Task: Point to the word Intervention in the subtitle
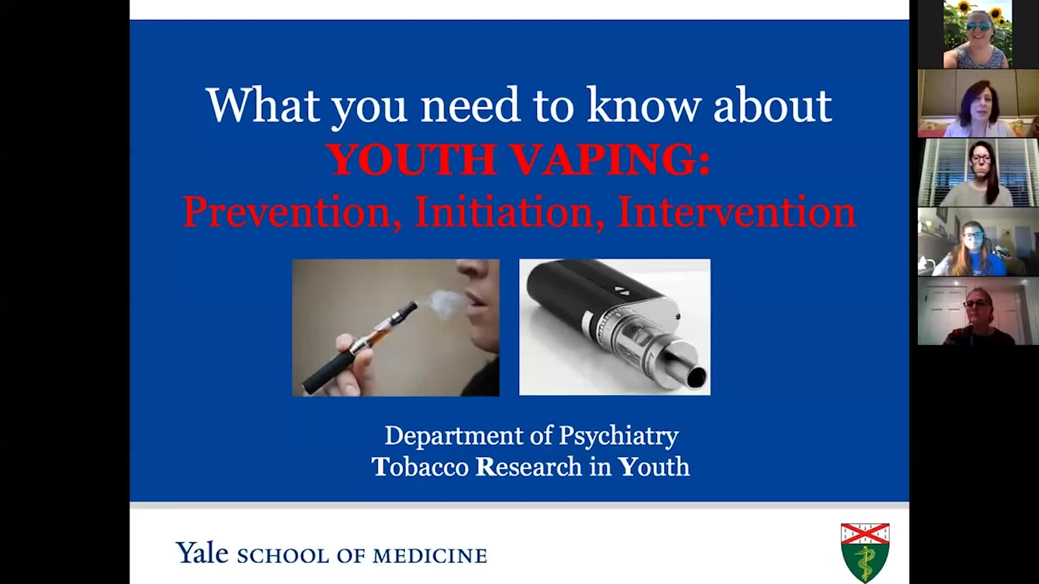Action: coord(736,212)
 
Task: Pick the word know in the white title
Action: coord(644,105)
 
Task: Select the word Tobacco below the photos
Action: coord(420,467)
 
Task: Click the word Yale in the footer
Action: coord(202,553)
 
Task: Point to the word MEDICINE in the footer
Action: coord(430,556)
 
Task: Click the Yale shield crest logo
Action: coord(865,552)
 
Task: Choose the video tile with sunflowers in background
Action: coord(978,35)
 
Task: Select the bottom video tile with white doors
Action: coord(978,311)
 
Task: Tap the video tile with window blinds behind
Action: coord(978,173)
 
